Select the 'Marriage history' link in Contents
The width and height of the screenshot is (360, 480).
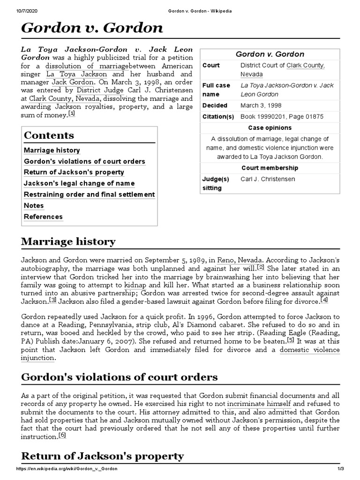(x=52, y=150)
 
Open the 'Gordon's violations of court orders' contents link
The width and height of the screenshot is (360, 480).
(x=84, y=162)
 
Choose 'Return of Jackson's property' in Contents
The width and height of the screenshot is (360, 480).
(x=74, y=172)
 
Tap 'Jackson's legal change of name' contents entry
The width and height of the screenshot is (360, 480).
(x=79, y=183)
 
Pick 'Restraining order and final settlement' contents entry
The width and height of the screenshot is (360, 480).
(x=89, y=195)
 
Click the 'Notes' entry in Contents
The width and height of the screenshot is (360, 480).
(x=34, y=206)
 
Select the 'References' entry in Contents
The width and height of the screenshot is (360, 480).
(x=43, y=217)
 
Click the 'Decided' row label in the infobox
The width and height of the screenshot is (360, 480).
(x=214, y=105)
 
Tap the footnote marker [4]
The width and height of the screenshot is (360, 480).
(x=324, y=300)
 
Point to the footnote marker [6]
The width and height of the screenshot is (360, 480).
(x=62, y=435)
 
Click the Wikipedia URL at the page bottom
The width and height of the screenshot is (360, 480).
(x=67, y=469)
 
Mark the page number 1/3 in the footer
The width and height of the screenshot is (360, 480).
(x=340, y=469)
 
